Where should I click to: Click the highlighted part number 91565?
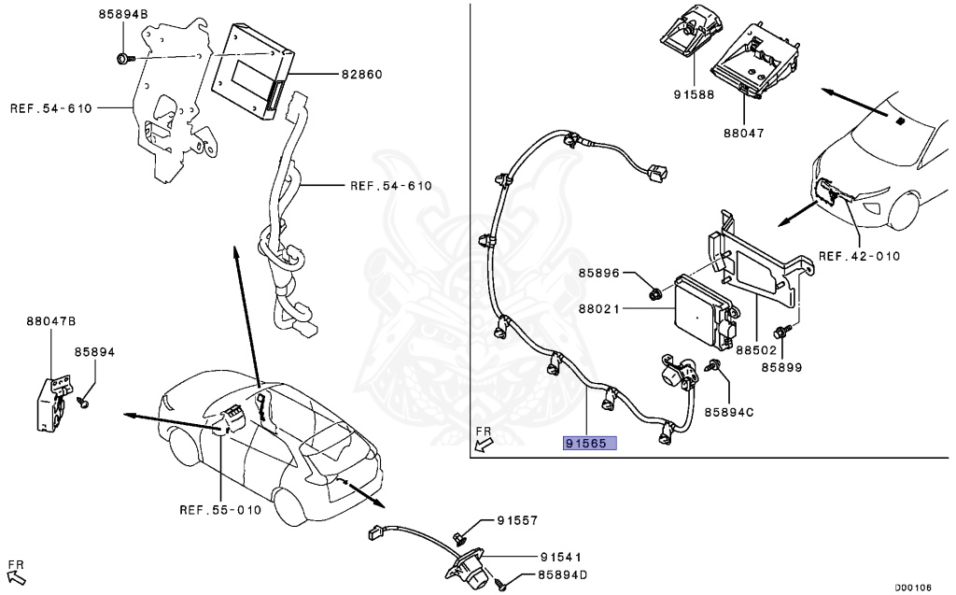(589, 442)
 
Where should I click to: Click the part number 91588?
(694, 94)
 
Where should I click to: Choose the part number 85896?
(598, 273)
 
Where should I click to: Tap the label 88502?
(755, 350)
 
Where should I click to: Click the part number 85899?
(781, 367)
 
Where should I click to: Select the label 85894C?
(729, 411)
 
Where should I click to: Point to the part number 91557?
(517, 520)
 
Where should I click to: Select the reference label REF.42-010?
(859, 255)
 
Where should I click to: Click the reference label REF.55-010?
(219, 510)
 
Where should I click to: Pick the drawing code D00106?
(913, 588)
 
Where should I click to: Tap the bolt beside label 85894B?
(123, 59)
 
